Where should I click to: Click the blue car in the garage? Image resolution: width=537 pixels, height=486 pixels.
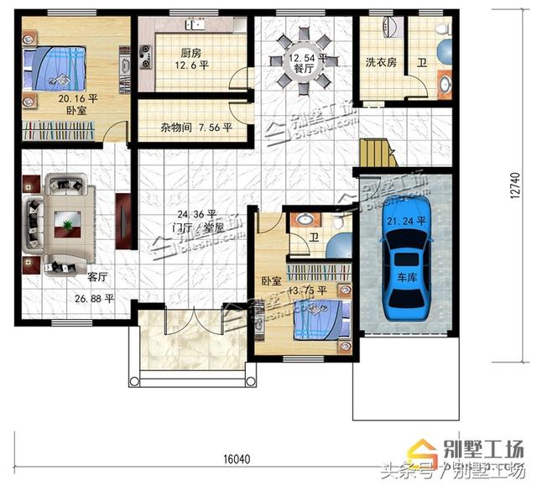409,268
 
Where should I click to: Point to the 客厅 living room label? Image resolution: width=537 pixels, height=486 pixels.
97,276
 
